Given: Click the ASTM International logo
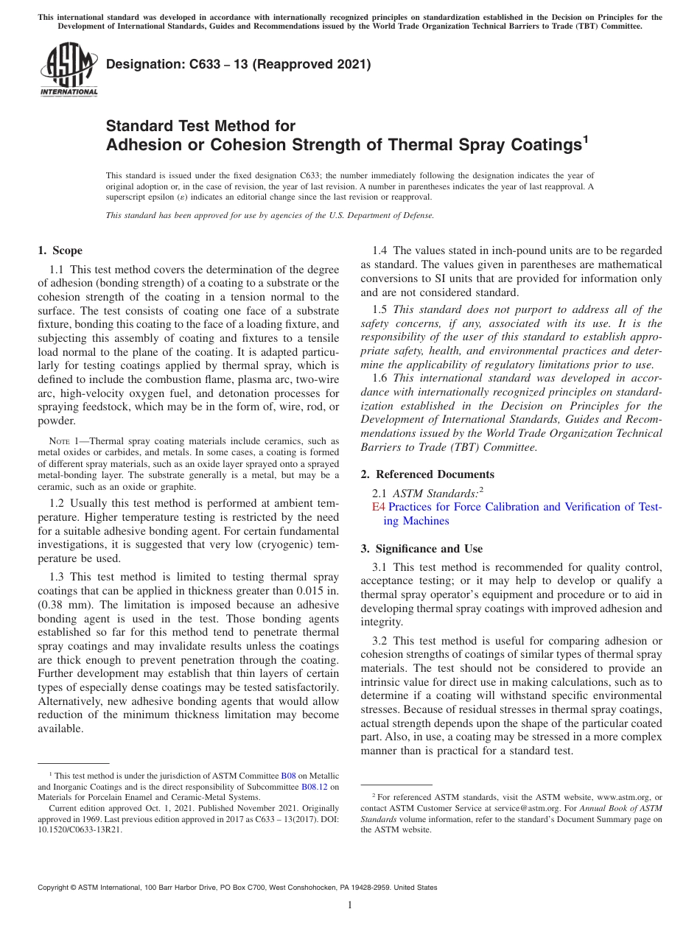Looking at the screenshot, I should (x=69, y=69).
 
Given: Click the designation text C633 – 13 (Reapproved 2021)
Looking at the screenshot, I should (x=238, y=65).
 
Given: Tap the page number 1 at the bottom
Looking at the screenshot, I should (x=350, y=905).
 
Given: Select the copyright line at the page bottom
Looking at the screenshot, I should (x=237, y=888).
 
